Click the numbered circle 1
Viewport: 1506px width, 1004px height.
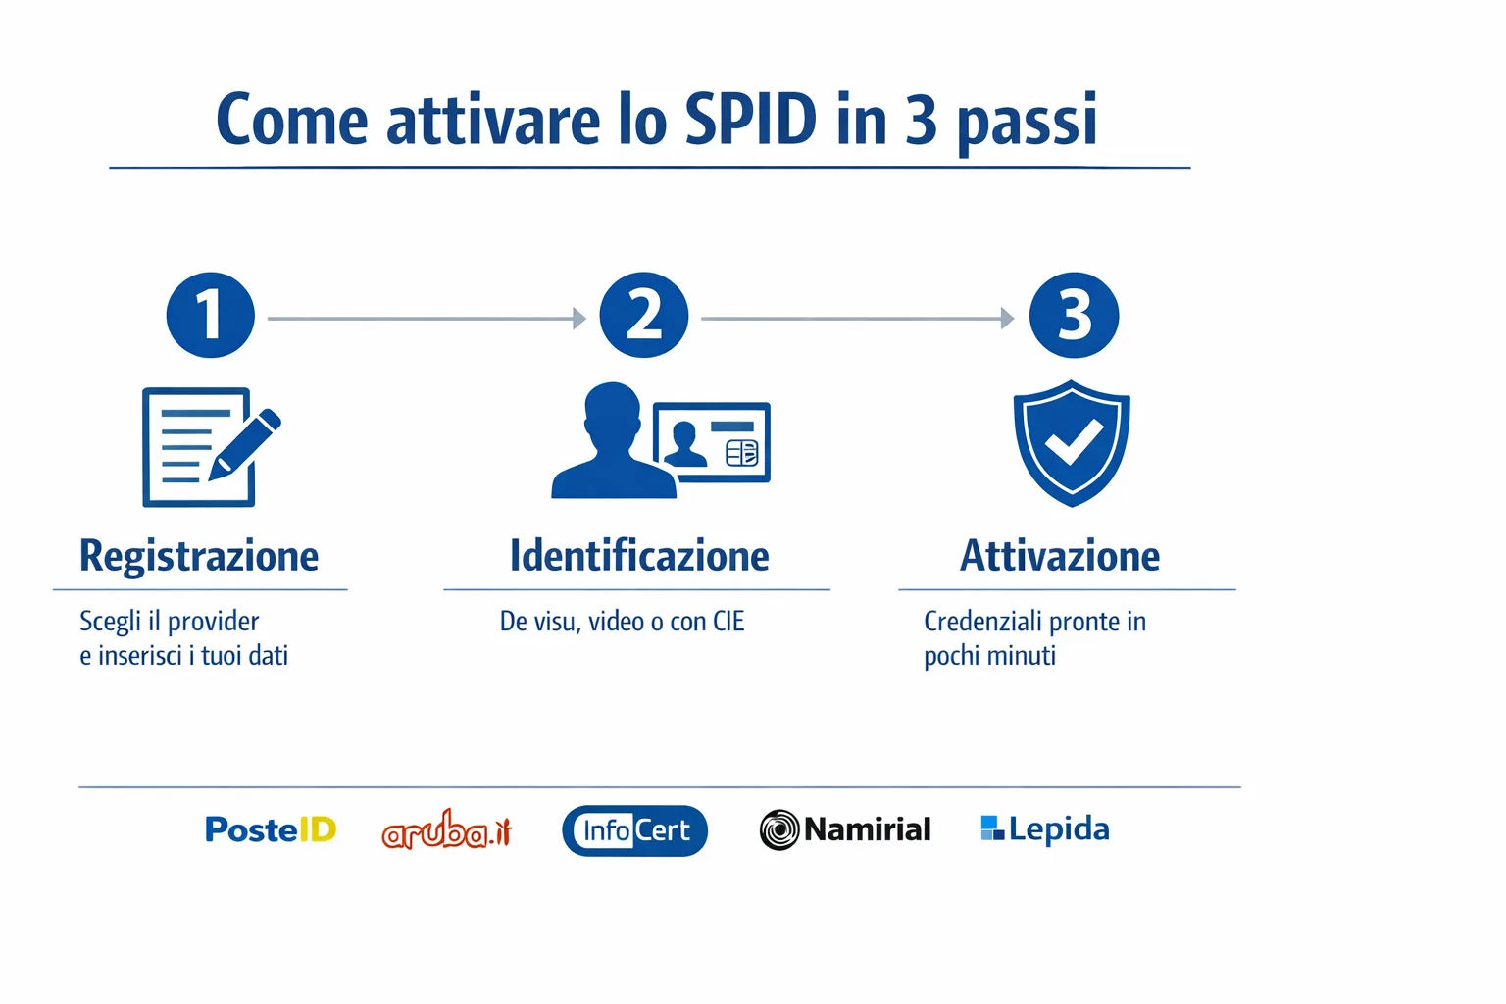click(x=210, y=316)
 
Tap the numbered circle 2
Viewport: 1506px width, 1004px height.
click(x=643, y=316)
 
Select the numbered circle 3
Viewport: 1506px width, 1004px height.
click(x=1074, y=316)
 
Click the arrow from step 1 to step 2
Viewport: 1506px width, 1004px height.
click(x=427, y=319)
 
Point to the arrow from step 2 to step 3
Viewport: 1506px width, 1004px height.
click(x=858, y=319)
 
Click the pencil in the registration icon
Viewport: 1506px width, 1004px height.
click(x=245, y=444)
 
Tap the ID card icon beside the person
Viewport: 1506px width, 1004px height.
click(x=712, y=442)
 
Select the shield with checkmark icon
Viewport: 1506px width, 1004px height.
click(x=1072, y=443)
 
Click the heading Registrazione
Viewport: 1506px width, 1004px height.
click(x=199, y=556)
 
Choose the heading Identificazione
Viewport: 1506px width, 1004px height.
click(x=639, y=556)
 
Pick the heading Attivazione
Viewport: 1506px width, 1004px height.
click(x=1060, y=556)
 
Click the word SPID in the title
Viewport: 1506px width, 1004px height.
click(x=750, y=120)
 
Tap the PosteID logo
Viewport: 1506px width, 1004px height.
click(x=271, y=829)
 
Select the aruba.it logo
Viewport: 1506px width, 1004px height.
click(x=447, y=830)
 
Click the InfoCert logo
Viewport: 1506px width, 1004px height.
click(x=634, y=830)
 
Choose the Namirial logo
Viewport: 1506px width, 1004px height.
click(x=845, y=829)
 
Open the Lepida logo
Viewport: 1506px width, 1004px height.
click(x=1045, y=829)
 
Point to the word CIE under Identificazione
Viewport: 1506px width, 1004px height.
click(x=728, y=622)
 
